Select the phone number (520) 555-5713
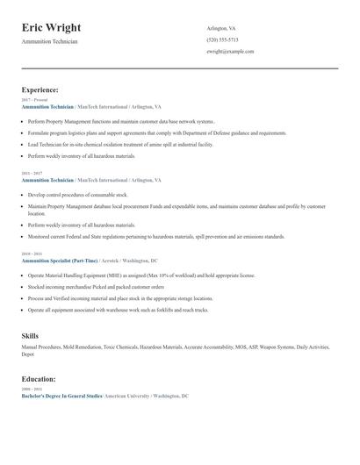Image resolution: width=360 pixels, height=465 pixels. (222, 39)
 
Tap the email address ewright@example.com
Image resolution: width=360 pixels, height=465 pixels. (230, 51)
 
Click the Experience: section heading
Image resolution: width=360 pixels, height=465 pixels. (40, 89)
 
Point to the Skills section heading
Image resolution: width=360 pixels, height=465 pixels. (30, 335)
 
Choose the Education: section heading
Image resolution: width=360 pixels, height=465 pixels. (39, 378)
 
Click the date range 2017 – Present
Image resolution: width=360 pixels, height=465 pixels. (33, 100)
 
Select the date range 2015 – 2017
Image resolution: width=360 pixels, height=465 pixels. (32, 173)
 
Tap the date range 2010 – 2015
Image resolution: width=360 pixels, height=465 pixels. (32, 253)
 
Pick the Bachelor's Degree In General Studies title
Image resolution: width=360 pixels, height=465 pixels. (61, 396)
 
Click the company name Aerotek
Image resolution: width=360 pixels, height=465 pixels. (110, 260)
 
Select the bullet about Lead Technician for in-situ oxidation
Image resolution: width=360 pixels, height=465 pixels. (120, 144)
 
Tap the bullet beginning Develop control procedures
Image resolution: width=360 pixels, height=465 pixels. (77, 194)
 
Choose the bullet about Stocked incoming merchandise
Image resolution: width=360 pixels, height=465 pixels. (96, 286)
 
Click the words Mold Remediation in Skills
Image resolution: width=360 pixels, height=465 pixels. (84, 347)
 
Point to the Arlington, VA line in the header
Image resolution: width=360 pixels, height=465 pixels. (222, 27)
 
